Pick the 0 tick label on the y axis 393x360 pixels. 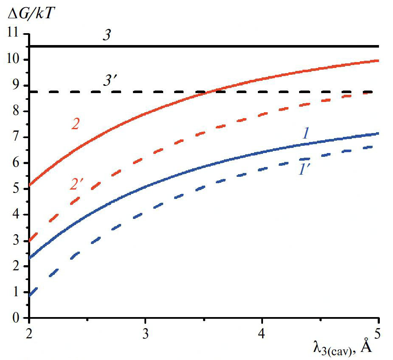tap(17, 318)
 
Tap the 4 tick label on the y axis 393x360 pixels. tap(17, 215)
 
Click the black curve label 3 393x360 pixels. tap(107, 36)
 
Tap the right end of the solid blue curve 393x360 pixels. tap(378, 133)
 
